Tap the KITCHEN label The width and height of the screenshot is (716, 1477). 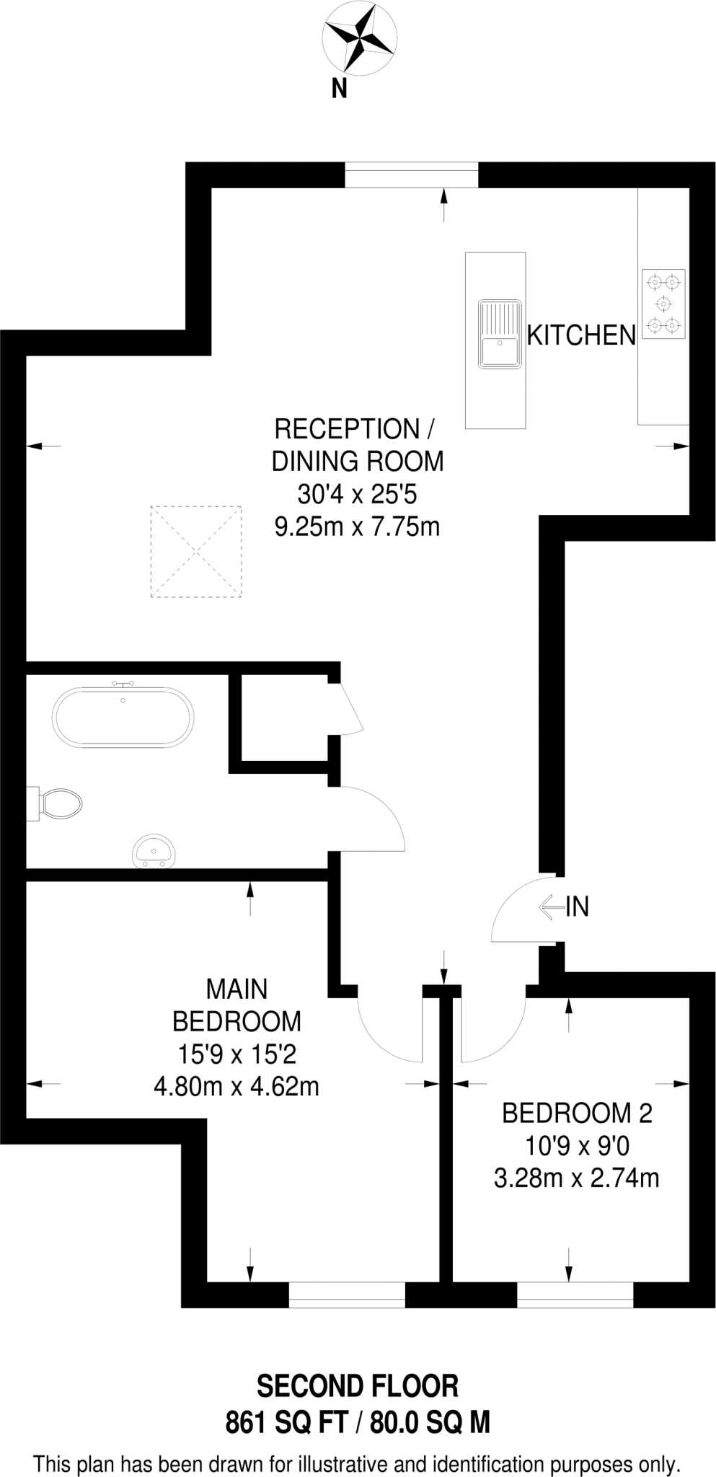click(x=581, y=335)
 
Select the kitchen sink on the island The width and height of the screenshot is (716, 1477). click(x=498, y=335)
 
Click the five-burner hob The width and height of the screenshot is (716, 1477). click(x=663, y=304)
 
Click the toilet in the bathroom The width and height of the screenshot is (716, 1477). click(x=59, y=803)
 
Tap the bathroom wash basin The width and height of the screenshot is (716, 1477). click(x=154, y=851)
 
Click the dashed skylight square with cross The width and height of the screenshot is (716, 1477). click(x=195, y=552)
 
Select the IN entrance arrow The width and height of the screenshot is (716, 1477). click(x=552, y=907)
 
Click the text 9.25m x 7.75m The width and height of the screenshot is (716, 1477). click(x=357, y=527)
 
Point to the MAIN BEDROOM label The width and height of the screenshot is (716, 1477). click(x=237, y=1005)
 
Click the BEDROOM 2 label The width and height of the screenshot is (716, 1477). click(x=577, y=1114)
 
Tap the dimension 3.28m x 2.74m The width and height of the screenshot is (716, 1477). click(x=577, y=1178)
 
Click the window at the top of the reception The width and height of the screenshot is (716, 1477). click(x=411, y=175)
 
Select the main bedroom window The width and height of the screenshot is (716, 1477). click(x=347, y=1295)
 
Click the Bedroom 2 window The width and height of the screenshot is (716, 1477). click(x=575, y=1295)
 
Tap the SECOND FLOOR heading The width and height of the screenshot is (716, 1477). click(x=358, y=1386)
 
